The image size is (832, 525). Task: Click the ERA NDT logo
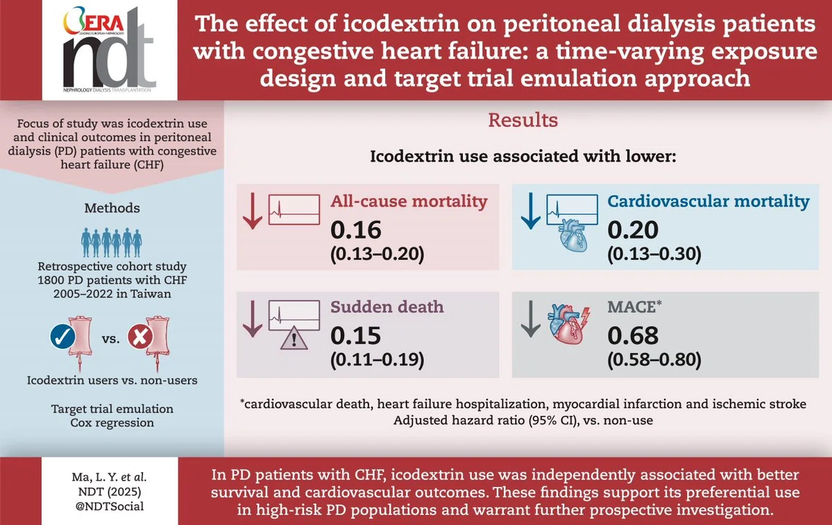(x=110, y=50)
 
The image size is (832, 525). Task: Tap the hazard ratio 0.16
(x=355, y=230)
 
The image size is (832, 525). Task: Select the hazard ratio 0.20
(x=632, y=230)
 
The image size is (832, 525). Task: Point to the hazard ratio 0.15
(x=355, y=336)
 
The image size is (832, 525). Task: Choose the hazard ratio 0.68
(x=632, y=336)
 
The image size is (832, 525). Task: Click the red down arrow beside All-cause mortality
(x=253, y=211)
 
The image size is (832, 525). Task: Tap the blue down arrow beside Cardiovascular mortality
(x=530, y=211)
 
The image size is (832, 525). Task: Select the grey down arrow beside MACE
(x=530, y=319)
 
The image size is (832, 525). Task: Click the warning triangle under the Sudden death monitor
(x=294, y=337)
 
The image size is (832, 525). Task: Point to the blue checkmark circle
(x=62, y=337)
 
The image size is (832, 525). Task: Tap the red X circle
(x=140, y=336)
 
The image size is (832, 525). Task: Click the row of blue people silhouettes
(x=112, y=242)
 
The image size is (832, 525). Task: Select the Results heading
(x=523, y=121)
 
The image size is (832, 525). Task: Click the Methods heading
(x=112, y=208)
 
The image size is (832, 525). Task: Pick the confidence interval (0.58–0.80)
(x=654, y=360)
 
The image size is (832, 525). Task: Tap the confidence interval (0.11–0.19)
(x=377, y=360)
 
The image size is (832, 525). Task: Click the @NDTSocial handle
(x=110, y=506)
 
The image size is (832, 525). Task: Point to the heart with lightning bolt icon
(x=569, y=324)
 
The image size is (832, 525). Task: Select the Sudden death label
(x=387, y=307)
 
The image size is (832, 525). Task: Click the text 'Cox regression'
(x=112, y=422)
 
